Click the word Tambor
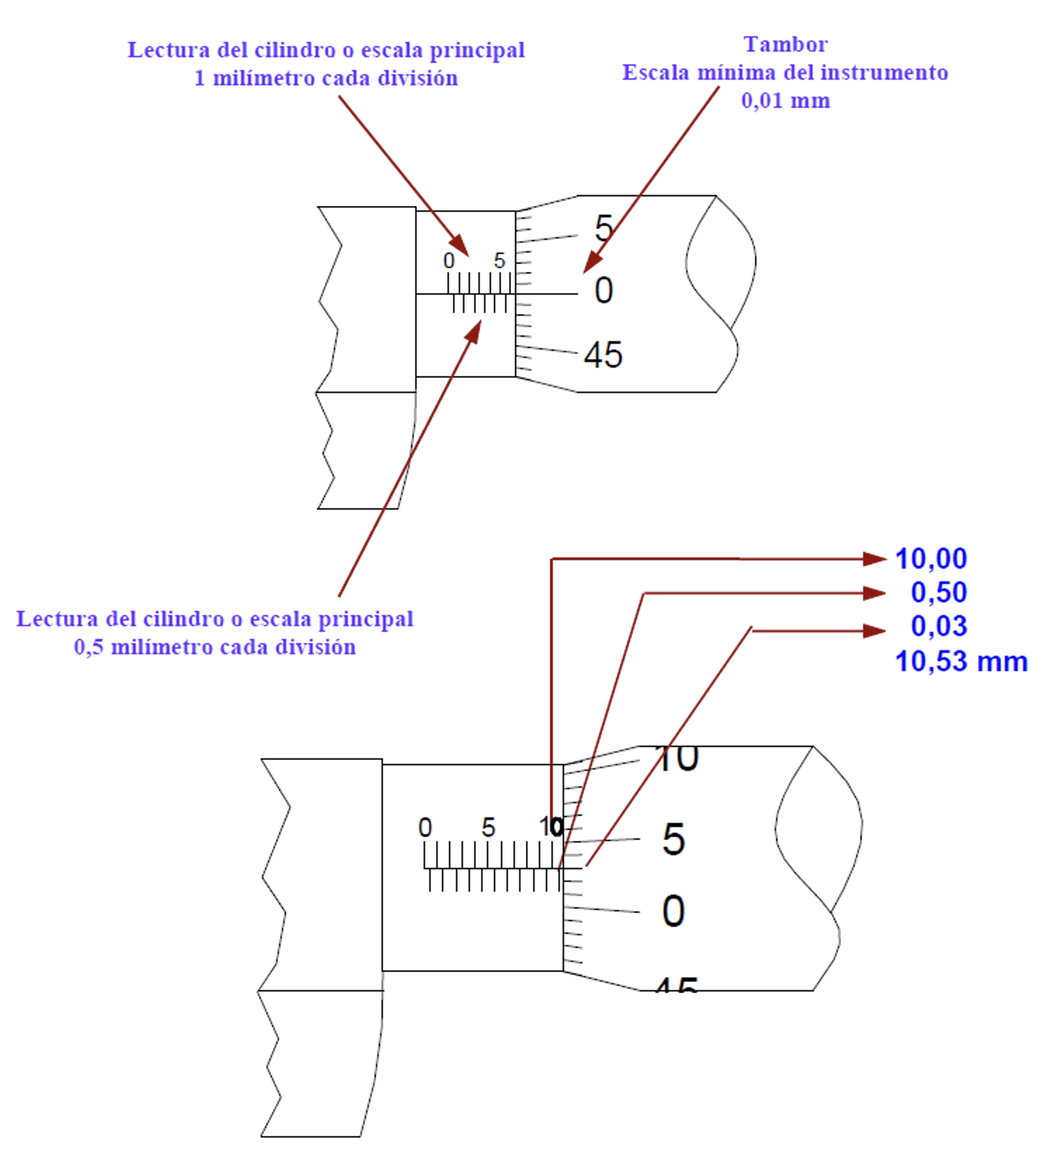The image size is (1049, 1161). pyautogui.click(x=785, y=45)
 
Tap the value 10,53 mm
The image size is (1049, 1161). pyautogui.click(x=961, y=661)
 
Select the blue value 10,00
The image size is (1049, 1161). pyautogui.click(x=931, y=559)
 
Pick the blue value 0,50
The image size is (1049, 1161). pyautogui.click(x=939, y=592)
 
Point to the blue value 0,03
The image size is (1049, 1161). pyautogui.click(x=939, y=626)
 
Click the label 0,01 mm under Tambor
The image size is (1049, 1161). pyautogui.click(x=785, y=100)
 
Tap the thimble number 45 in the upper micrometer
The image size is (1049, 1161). pyautogui.click(x=603, y=355)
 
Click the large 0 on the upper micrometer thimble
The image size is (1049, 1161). pyautogui.click(x=604, y=291)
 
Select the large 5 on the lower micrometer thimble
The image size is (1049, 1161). pyautogui.click(x=673, y=839)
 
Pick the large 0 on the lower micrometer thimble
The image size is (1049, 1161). pyautogui.click(x=673, y=911)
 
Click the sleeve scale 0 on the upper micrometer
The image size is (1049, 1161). pyautogui.click(x=449, y=260)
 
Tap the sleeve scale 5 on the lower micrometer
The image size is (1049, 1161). pyautogui.click(x=488, y=827)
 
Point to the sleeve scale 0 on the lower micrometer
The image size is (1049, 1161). pyautogui.click(x=425, y=827)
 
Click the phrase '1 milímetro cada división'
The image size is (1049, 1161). pyautogui.click(x=326, y=78)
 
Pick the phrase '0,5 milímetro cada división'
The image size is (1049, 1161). pyautogui.click(x=215, y=647)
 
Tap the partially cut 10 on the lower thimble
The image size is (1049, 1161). pyautogui.click(x=677, y=759)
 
